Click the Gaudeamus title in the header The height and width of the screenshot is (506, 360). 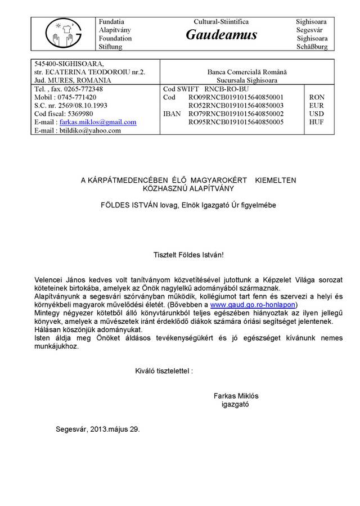click(x=221, y=35)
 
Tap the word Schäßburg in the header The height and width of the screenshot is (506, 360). click(x=312, y=47)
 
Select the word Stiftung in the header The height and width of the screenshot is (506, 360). click(x=111, y=47)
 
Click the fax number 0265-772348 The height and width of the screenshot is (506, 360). click(x=83, y=89)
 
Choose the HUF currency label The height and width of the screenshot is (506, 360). click(x=316, y=122)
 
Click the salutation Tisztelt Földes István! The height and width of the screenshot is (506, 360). click(x=188, y=255)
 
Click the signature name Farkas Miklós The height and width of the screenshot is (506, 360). click(x=236, y=395)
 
